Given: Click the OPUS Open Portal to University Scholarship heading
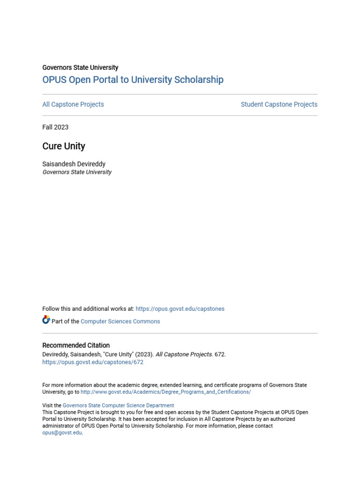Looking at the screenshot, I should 133,80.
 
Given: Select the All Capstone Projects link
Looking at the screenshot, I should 73,105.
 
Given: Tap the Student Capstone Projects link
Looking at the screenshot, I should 279,105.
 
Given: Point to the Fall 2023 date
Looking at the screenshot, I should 55,127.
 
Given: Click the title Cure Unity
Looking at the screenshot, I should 64,146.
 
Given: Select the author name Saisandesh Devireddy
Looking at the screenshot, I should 74,164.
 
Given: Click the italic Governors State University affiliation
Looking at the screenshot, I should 77,172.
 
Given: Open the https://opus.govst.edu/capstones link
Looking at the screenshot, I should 180,309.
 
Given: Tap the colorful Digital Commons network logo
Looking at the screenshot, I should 46,320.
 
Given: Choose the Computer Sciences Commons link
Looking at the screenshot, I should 120,322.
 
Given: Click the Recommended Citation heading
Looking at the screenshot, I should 76,345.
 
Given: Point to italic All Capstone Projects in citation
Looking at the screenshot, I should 184,354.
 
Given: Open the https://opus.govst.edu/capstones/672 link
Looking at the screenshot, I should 93,362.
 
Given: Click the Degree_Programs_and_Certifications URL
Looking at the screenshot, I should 165,392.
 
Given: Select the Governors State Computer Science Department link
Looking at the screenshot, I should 118,405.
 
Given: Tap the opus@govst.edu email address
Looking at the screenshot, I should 62,433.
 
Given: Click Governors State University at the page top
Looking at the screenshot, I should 80,67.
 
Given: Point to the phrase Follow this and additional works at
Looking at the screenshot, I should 88,309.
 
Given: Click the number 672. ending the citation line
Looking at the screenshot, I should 220,354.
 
